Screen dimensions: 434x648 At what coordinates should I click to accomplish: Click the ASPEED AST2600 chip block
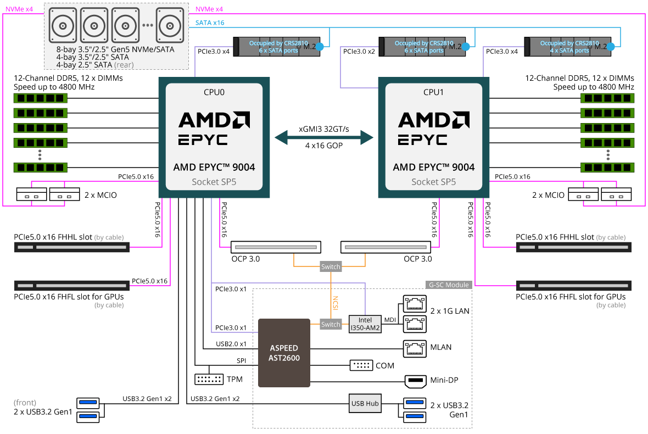coord(284,352)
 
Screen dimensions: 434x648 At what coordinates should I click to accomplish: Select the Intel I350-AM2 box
coord(365,324)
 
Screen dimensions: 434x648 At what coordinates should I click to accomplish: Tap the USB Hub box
coord(365,404)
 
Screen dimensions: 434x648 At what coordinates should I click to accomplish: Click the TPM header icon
coord(209,379)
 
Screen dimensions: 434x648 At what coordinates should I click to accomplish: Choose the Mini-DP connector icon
coord(415,380)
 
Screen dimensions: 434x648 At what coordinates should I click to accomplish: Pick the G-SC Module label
coord(448,285)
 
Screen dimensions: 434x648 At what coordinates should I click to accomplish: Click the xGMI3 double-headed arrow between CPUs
coord(323,137)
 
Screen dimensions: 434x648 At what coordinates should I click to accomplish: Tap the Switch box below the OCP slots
coord(331,267)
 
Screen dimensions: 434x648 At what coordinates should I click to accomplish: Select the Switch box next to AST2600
coord(331,325)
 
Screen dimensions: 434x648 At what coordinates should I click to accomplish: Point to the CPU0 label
coord(214,92)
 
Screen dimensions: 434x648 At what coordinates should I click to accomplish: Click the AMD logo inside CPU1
coord(433,120)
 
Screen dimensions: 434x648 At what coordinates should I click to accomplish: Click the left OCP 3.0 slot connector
coord(276,247)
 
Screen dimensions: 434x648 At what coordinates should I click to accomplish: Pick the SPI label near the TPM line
coord(241,360)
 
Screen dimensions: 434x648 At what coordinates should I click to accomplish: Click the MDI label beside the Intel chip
coord(389,320)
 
